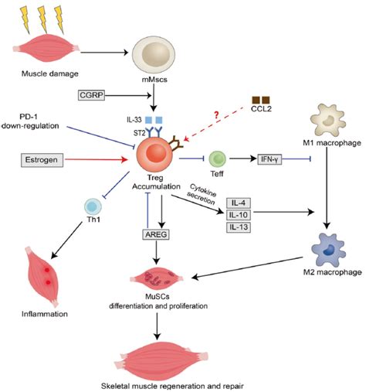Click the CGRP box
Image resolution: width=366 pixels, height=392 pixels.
(91, 95)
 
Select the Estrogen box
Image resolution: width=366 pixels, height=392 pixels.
(42, 160)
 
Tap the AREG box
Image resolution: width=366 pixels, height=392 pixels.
(156, 234)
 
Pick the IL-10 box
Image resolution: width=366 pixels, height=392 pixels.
(239, 215)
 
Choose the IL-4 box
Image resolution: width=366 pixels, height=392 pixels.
(239, 203)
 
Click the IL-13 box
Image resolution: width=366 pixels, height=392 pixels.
(239, 227)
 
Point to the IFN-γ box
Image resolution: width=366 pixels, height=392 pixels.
(269, 159)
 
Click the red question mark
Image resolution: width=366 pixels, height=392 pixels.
(216, 115)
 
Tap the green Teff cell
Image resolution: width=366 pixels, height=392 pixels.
(218, 159)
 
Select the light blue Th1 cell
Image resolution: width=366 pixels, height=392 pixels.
(93, 206)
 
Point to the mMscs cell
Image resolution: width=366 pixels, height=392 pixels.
(154, 54)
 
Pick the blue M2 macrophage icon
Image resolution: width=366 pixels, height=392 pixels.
(328, 250)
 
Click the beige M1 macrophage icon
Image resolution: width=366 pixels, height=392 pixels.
(328, 120)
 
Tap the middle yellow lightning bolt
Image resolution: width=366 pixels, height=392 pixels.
(42, 19)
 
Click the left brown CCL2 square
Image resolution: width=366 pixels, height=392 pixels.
(256, 100)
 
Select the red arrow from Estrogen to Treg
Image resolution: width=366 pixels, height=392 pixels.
(97, 159)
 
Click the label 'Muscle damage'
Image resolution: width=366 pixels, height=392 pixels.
(50, 73)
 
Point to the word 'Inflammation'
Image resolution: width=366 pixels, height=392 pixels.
(45, 314)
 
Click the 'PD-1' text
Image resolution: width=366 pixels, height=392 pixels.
(29, 117)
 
